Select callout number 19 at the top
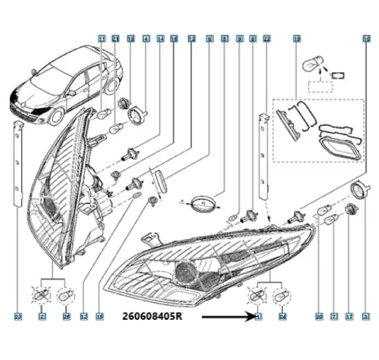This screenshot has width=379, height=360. point(297,38)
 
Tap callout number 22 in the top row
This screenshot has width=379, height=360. point(267,38)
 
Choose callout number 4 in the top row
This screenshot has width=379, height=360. point(145,38)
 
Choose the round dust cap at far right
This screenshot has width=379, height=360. point(356,191)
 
